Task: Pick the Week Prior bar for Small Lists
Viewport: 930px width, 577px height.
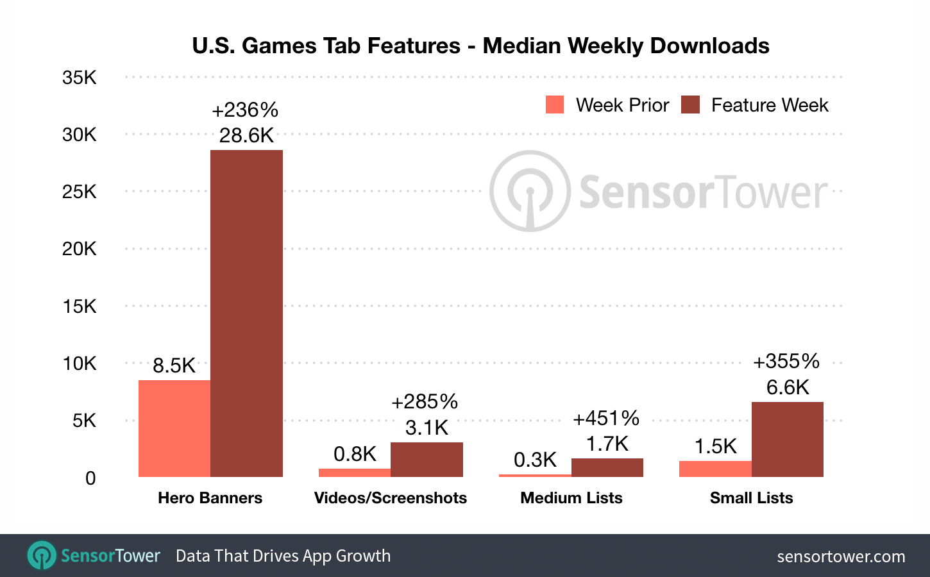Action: tap(715, 469)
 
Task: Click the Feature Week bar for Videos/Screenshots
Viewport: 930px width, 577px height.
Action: tap(427, 460)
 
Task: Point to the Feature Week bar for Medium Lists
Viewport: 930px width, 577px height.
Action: tap(607, 467)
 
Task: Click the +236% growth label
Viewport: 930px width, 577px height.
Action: tap(245, 110)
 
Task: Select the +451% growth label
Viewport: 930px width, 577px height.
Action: tap(606, 419)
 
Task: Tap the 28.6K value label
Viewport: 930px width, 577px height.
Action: tap(246, 135)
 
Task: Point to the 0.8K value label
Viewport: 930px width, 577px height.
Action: tap(355, 454)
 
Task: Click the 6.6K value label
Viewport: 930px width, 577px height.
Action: tap(788, 387)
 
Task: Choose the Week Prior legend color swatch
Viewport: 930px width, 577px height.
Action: tap(555, 105)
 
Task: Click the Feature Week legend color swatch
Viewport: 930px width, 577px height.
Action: tap(690, 105)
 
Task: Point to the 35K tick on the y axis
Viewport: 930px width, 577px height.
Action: tap(80, 78)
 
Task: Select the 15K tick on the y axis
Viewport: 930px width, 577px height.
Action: tap(80, 306)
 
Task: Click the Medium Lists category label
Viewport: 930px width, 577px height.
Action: tap(571, 498)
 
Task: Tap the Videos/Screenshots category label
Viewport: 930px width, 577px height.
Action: tap(391, 498)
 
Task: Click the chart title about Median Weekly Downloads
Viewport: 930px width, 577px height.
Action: tap(480, 46)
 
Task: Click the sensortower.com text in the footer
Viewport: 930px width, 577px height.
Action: tap(841, 556)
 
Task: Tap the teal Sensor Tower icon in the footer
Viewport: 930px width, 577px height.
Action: tap(42, 555)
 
